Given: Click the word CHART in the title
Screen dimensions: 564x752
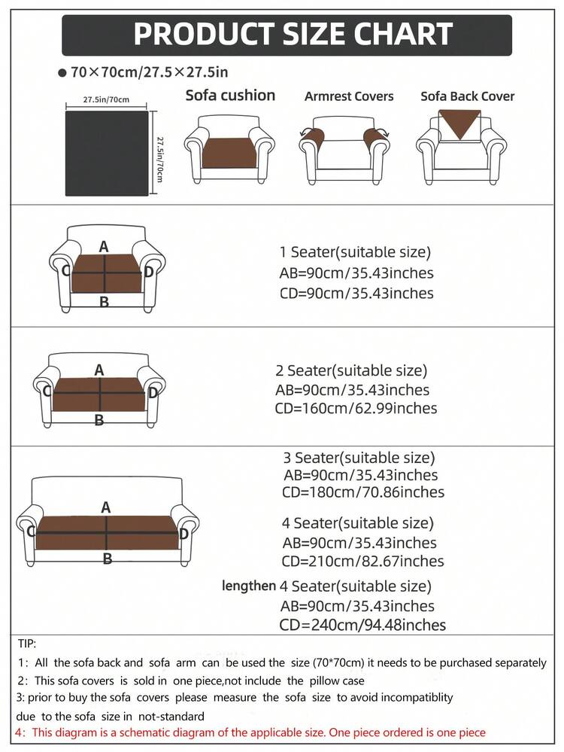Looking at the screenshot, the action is coord(404,34).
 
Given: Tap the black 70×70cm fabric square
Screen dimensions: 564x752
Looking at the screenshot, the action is coord(107,153).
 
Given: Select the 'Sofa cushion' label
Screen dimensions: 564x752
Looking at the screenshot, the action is coord(230,96).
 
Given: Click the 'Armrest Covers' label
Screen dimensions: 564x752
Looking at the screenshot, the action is coord(349,96).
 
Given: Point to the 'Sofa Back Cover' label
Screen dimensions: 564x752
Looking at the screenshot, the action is coord(467,96).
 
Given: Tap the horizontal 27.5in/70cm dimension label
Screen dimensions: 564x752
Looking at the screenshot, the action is coord(106,100).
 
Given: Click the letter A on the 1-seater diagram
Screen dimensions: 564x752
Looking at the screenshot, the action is coord(104,247).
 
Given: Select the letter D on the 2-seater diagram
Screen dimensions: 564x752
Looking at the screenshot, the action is coord(153,393).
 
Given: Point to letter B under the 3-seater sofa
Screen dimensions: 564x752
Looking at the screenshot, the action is coord(108,559).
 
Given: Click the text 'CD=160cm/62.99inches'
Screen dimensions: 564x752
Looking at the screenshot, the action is coord(356,409).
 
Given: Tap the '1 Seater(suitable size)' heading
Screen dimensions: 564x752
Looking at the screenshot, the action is coord(355,252).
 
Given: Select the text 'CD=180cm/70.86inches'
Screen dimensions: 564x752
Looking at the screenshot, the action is coord(362,492).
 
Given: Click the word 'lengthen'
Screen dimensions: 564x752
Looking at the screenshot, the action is coord(249,586).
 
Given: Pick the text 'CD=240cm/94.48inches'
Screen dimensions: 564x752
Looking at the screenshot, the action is coord(362,625).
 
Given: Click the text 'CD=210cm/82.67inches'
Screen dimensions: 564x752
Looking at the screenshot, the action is coord(362,561).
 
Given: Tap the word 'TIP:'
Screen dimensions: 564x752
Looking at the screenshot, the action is coord(27,644).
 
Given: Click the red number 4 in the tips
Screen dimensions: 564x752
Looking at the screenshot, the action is coord(19,733).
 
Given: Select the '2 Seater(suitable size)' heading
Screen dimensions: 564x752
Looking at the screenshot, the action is coord(351,370).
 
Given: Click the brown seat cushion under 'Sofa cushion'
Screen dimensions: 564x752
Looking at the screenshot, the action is coord(229,153).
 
